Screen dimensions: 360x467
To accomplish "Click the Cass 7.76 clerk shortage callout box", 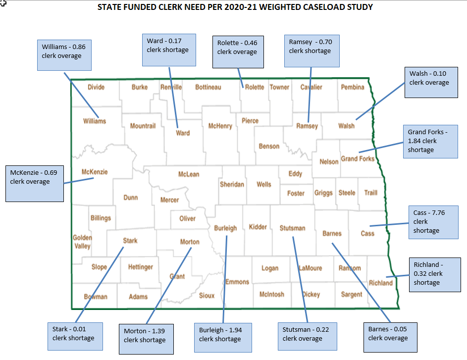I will click(x=429, y=222).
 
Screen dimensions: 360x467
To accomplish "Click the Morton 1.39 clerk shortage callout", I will click(x=147, y=339).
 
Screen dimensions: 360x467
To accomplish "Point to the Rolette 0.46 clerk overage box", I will click(x=238, y=51).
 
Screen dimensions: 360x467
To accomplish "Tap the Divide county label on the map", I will click(x=96, y=87).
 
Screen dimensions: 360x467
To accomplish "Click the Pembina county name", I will click(x=352, y=87).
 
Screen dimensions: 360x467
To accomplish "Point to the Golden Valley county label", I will click(x=82, y=242).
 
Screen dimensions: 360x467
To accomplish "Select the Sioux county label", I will click(x=207, y=296).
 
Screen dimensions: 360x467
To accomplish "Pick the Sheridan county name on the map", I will click(x=232, y=184).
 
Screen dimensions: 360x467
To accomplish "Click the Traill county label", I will click(x=370, y=193).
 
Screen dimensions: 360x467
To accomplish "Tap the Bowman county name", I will click(x=95, y=297).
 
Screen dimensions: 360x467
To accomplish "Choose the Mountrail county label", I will click(x=143, y=126).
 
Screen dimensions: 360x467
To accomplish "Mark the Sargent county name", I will click(x=351, y=294).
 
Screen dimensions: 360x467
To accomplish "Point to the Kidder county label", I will click(x=258, y=227).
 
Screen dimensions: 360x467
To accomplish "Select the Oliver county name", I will click(x=187, y=218).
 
